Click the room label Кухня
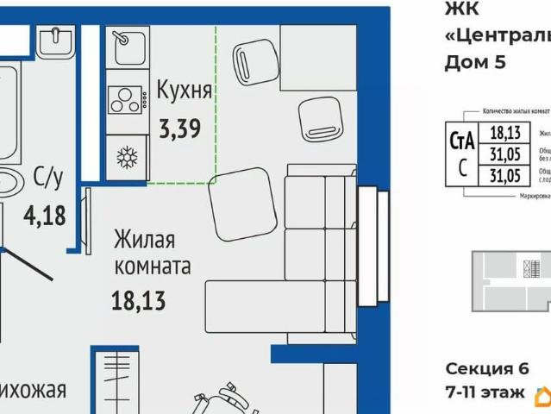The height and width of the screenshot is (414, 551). point(184,91)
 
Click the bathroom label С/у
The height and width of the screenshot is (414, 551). point(48,178)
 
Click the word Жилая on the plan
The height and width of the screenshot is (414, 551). point(145,238)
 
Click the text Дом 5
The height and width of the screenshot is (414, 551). point(473,61)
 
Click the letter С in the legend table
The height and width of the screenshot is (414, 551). point(462,168)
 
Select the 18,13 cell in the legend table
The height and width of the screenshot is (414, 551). point(504,133)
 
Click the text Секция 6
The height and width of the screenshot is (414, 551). point(485,368)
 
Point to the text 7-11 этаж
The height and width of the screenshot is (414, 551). point(485,392)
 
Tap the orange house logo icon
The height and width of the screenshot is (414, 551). point(543,396)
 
